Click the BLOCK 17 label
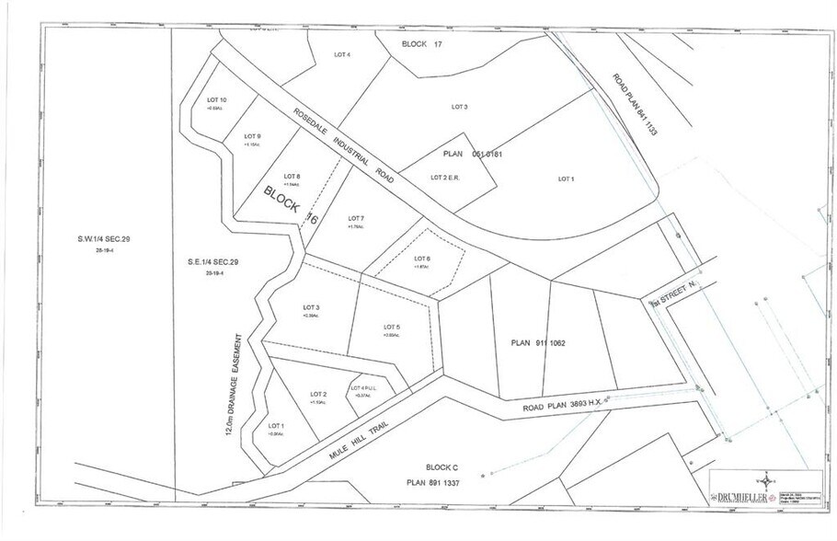click(429, 44)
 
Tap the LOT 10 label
click(218, 99)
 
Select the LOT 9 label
click(252, 136)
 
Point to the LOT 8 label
click(292, 176)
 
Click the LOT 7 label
click(356, 218)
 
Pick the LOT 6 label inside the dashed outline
click(422, 258)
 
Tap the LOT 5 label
click(392, 327)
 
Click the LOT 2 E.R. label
click(448, 177)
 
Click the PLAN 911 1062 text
click(538, 343)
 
